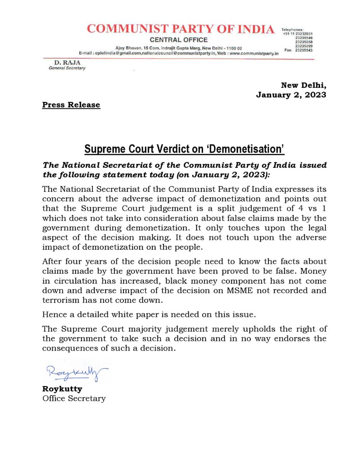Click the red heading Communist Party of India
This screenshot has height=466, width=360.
(180, 29)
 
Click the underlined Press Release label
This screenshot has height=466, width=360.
(71, 105)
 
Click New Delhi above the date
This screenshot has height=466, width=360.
(304, 85)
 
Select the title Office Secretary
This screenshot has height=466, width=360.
(74, 398)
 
